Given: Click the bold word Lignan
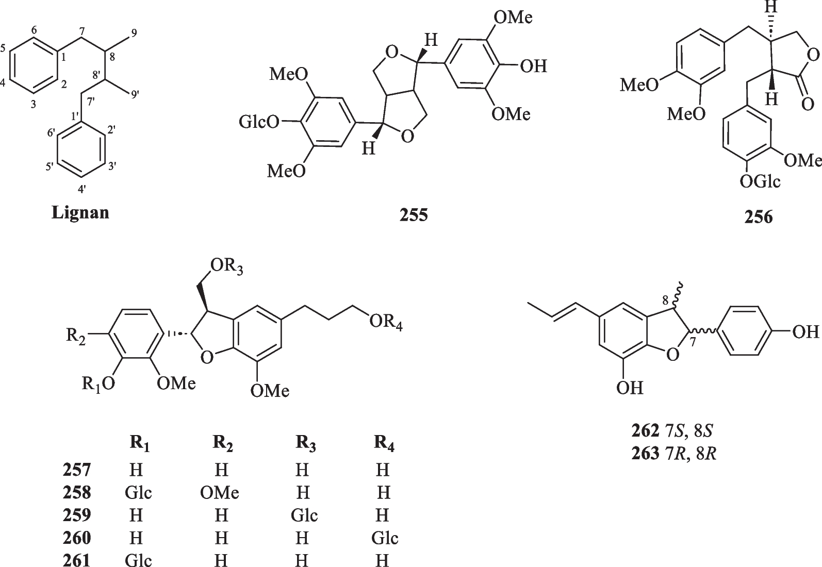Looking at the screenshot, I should [x=80, y=212].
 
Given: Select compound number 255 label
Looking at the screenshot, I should [x=414, y=215].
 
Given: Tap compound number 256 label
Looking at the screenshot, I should [x=758, y=217].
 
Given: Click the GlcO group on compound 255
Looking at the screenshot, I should [x=259, y=122].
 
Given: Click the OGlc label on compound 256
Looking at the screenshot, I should [x=760, y=181].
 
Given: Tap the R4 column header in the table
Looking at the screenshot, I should [x=384, y=444].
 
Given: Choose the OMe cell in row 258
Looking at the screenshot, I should [x=220, y=493].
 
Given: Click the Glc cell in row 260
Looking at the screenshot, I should [x=385, y=538].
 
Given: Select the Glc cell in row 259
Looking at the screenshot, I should [x=304, y=515].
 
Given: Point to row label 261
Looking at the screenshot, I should [x=77, y=560].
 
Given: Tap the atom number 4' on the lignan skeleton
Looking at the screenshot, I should [x=81, y=189].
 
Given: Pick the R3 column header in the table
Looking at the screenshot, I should [x=305, y=444].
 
